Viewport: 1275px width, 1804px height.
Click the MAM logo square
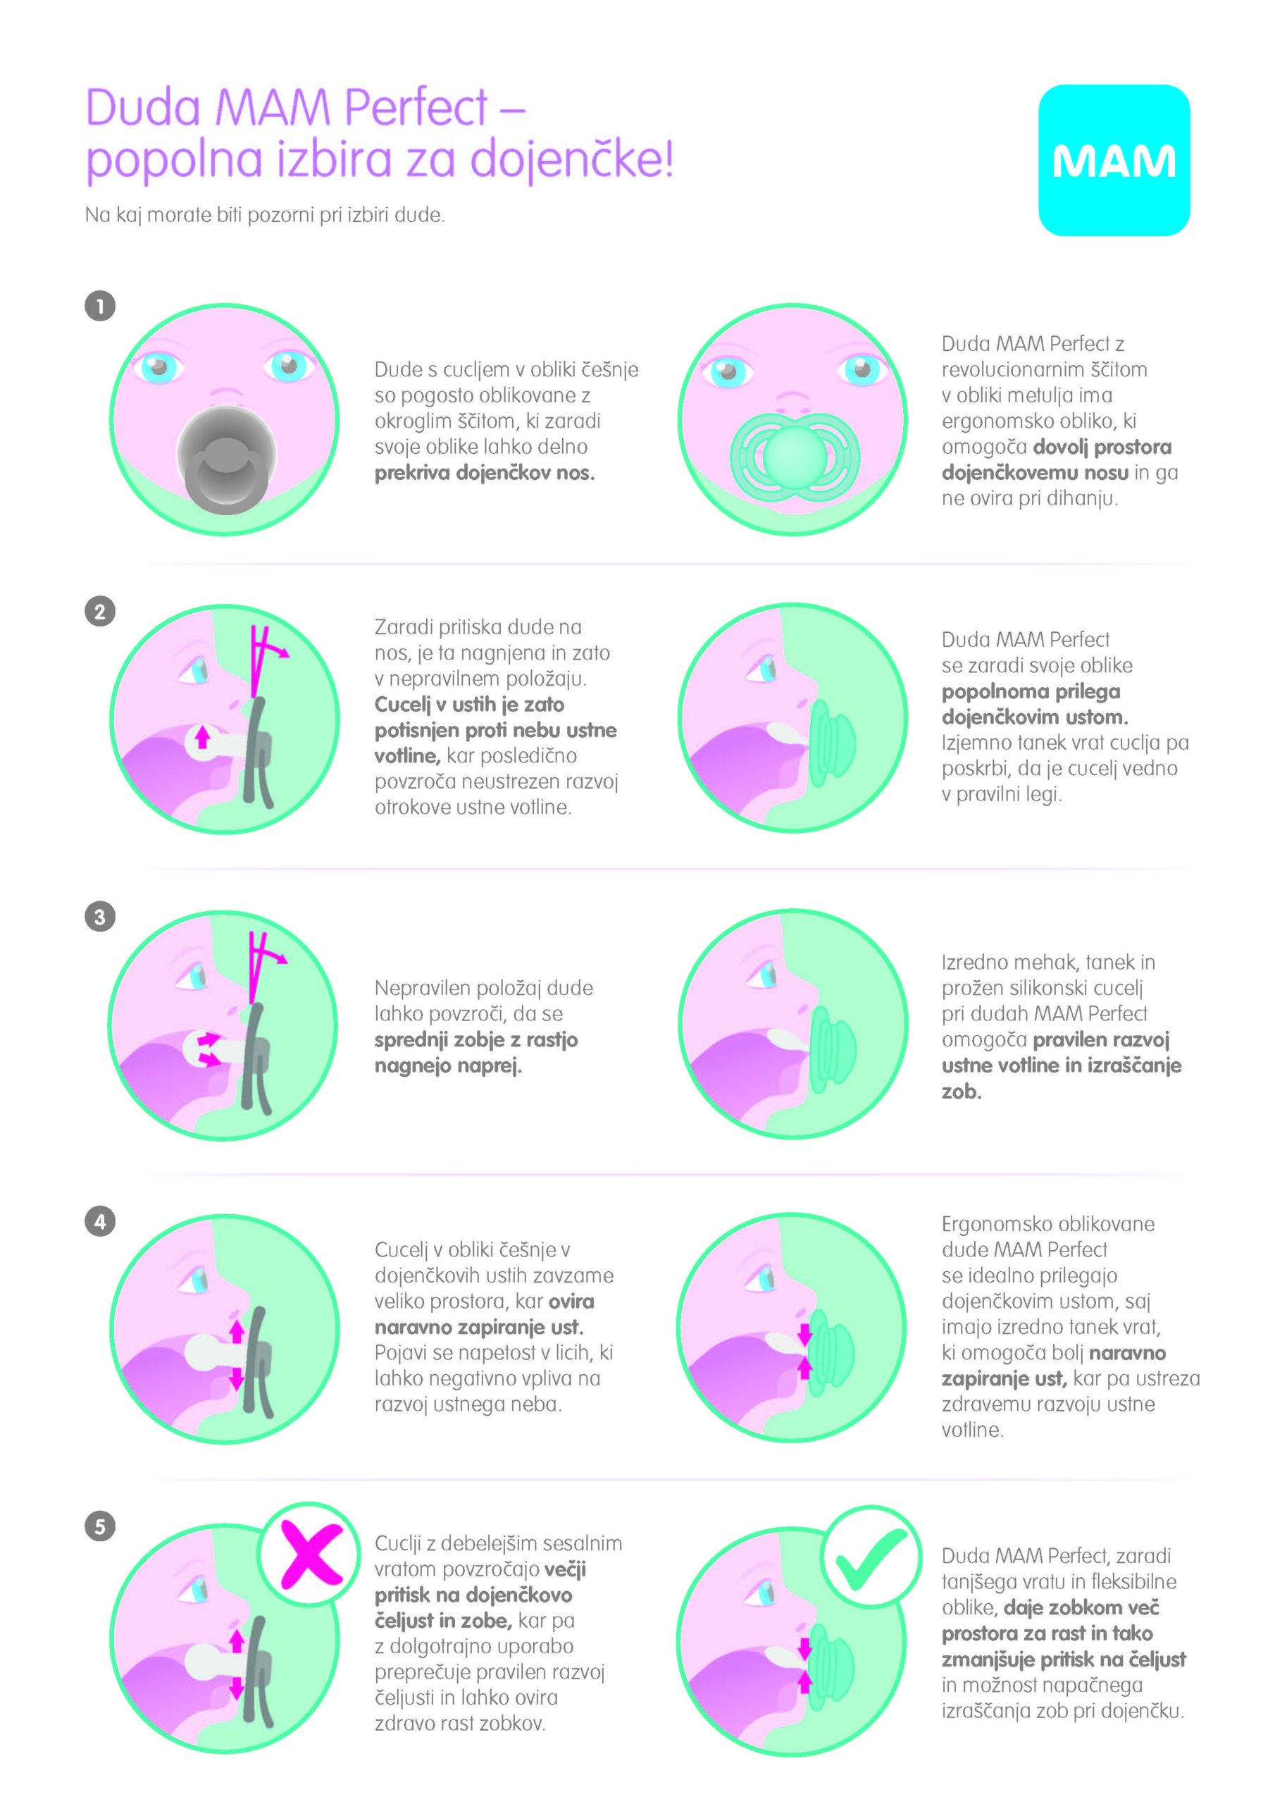[x=1114, y=160]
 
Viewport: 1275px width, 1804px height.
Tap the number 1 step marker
[x=100, y=306]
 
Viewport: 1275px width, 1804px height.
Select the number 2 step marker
[x=100, y=611]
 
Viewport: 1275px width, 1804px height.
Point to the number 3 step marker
[x=100, y=916]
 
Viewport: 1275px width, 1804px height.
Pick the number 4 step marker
[x=100, y=1222]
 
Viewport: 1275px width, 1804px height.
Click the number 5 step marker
[x=100, y=1526]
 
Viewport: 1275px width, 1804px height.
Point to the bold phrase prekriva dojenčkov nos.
[x=485, y=473]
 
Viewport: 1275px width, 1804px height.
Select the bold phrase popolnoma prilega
[x=1031, y=692]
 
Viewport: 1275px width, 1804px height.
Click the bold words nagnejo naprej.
[x=448, y=1066]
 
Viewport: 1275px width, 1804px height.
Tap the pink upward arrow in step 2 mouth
[x=203, y=737]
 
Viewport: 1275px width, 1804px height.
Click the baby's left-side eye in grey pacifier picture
[x=158, y=367]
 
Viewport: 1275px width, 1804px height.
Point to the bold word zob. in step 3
[x=962, y=1092]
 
